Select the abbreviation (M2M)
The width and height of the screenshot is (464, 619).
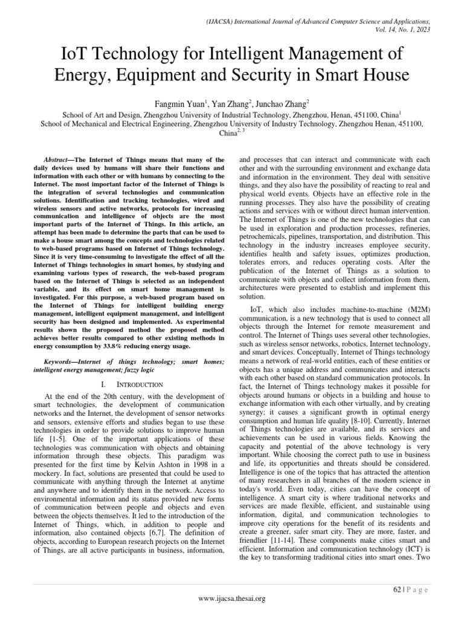pyautogui.click(x=430, y=309)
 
